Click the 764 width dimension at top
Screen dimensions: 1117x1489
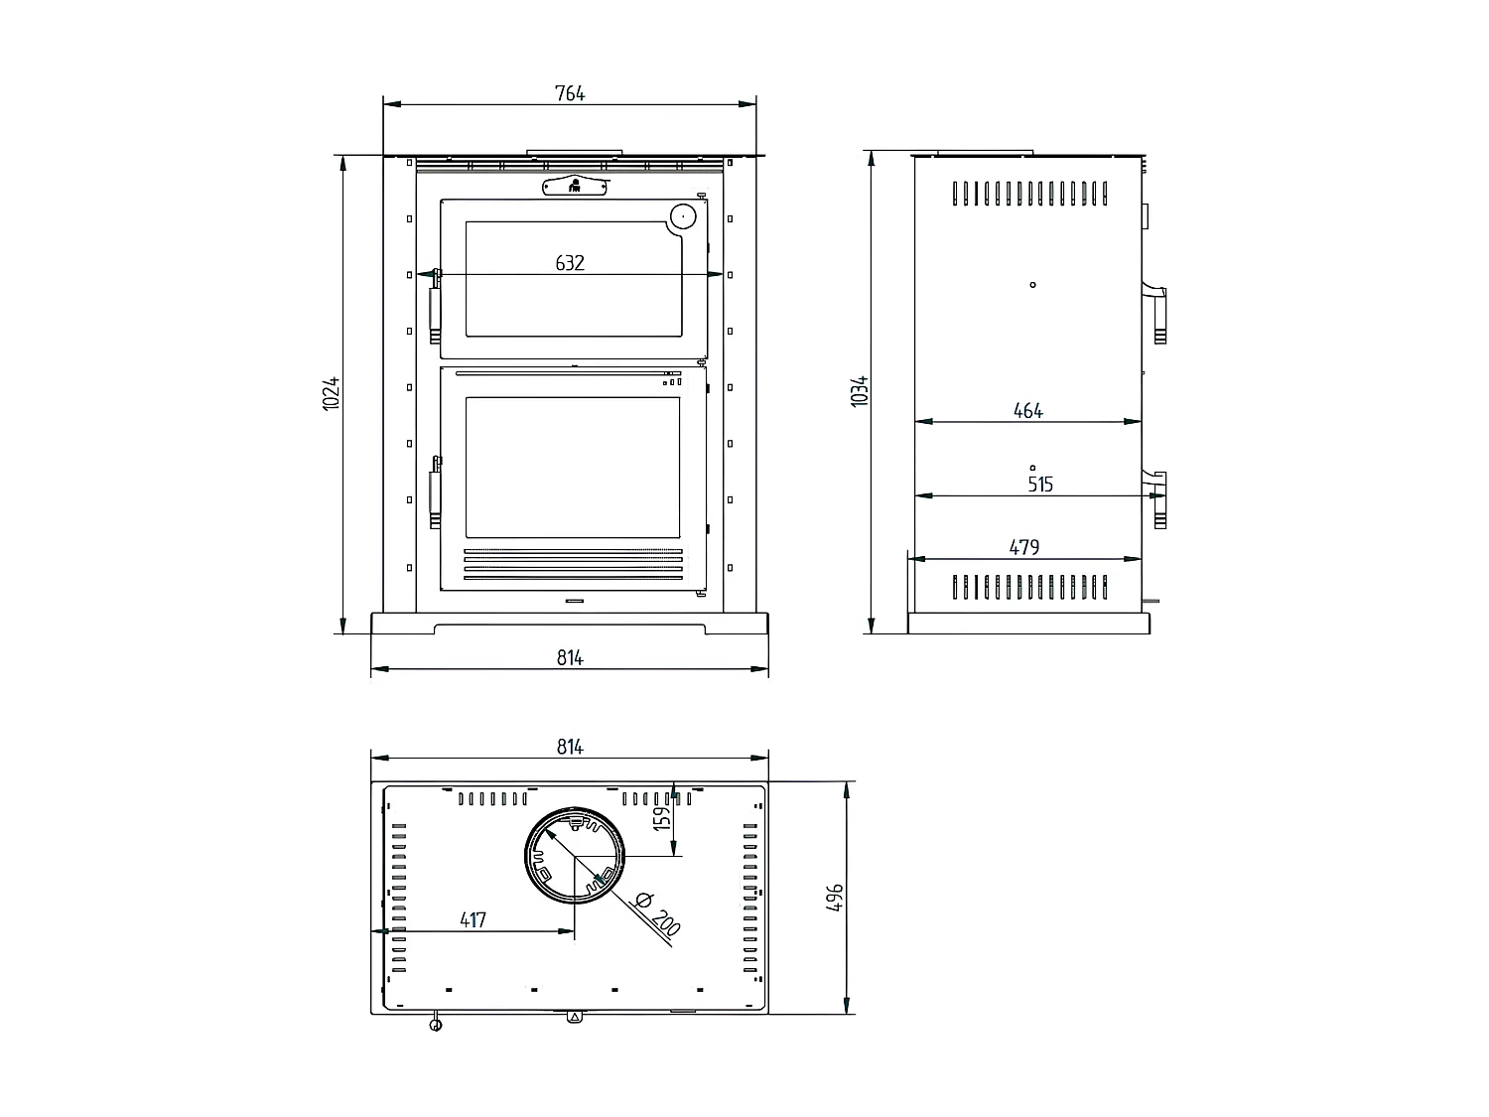[570, 93]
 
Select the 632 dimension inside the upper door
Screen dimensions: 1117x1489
[570, 263]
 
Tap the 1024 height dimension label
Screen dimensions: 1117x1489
[333, 393]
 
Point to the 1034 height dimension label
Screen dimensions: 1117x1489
[860, 390]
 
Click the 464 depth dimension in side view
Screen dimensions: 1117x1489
[1028, 410]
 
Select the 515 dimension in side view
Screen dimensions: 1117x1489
[1039, 485]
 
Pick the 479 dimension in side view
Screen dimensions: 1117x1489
[1023, 547]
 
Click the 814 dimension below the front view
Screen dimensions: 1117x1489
[570, 657]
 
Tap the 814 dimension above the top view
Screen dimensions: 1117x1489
[570, 748]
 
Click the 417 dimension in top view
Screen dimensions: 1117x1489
[473, 919]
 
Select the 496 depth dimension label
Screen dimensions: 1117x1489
[835, 898]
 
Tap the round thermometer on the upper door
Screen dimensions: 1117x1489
[683, 215]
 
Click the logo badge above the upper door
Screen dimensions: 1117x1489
[575, 186]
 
